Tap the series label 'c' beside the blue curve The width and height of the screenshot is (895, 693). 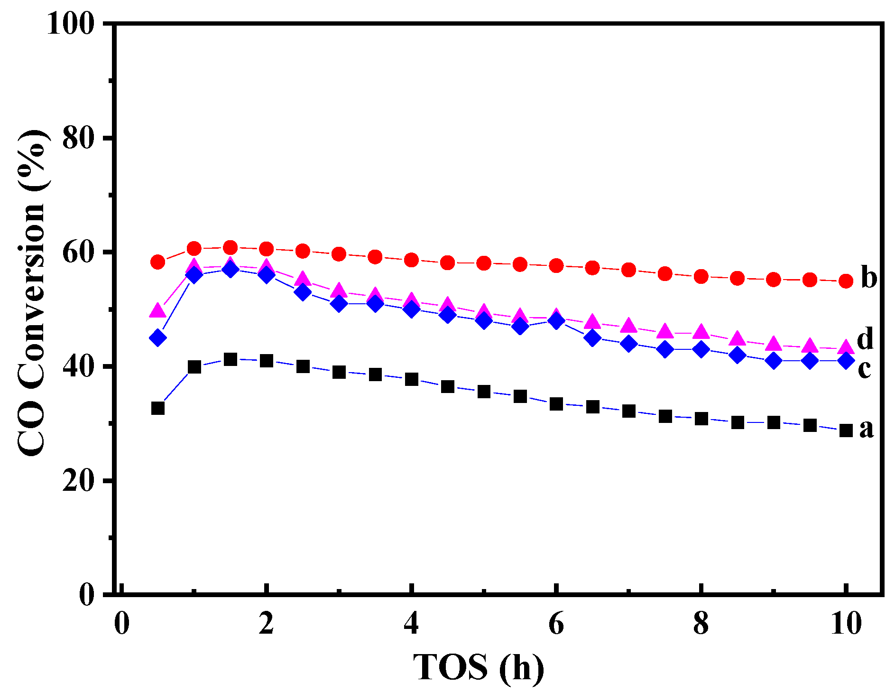coord(864,369)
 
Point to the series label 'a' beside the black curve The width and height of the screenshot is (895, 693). coord(866,429)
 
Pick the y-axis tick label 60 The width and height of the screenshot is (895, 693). coord(78,252)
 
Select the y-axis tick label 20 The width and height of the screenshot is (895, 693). coord(78,481)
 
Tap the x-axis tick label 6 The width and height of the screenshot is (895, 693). coord(556,623)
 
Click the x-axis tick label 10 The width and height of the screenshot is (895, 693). coord(846,623)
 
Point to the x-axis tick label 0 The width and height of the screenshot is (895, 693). coord(122,623)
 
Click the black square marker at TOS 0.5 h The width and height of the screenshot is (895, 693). coord(158,408)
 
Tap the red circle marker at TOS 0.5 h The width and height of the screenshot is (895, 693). coord(158,262)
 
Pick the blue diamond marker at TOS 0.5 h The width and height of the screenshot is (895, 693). coord(158,338)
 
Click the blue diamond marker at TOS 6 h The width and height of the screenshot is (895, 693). coord(556,321)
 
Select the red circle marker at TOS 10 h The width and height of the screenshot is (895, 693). coord(846,281)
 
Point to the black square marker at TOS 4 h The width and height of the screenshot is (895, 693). coord(411,379)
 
